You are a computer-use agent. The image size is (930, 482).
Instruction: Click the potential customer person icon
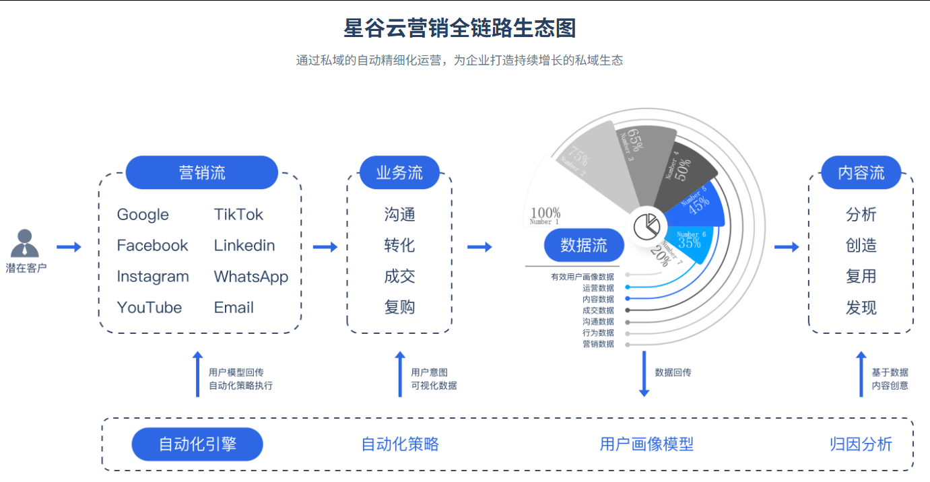(26, 243)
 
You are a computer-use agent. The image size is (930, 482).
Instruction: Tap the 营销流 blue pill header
(201, 173)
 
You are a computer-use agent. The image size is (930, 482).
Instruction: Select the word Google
(143, 215)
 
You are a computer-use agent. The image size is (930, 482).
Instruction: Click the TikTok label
(238, 215)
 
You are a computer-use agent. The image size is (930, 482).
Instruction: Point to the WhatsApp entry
(251, 277)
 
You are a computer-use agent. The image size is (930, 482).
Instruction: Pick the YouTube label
(149, 308)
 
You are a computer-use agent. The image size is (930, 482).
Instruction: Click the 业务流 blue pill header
(399, 173)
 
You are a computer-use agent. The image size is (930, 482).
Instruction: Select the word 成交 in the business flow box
(399, 277)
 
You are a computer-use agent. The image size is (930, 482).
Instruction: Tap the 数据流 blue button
(583, 246)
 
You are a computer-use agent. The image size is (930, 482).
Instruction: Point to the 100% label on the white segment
(545, 213)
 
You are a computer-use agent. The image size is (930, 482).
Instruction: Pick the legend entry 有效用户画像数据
(583, 277)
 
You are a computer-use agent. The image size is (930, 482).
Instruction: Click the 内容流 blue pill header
(861, 173)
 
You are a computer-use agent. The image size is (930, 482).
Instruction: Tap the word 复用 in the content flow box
(861, 277)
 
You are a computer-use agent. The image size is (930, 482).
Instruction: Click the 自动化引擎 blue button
(197, 444)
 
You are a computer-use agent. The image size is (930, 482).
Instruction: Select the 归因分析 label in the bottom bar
(861, 444)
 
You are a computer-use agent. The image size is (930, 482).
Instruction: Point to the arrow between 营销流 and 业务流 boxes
(325, 247)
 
